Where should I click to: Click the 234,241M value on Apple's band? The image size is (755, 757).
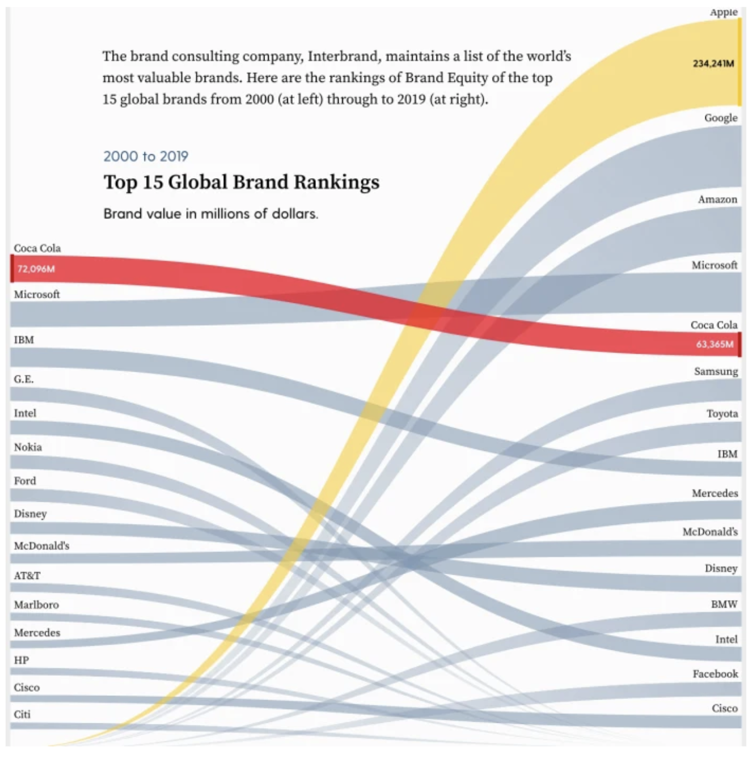(x=713, y=64)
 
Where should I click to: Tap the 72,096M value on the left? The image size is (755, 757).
(x=36, y=269)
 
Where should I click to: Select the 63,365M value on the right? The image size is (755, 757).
(x=715, y=344)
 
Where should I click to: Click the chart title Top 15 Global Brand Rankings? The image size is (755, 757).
(x=241, y=182)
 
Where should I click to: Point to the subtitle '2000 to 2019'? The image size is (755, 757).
(x=146, y=156)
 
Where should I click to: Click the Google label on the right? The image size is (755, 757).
(x=720, y=118)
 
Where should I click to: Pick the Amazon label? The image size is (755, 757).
(x=717, y=199)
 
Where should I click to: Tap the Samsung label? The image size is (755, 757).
(x=716, y=371)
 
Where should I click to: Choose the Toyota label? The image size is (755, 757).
(x=722, y=414)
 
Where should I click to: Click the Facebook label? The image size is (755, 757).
(x=715, y=674)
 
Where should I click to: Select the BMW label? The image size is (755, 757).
(x=724, y=604)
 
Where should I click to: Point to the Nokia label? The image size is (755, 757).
(x=28, y=447)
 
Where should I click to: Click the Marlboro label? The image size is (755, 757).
(x=36, y=605)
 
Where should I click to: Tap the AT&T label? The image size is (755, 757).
(x=27, y=575)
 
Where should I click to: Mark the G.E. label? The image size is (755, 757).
(x=24, y=379)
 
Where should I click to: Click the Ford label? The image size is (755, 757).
(x=25, y=481)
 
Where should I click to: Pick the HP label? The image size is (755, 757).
(x=21, y=660)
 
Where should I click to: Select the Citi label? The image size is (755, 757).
(x=22, y=715)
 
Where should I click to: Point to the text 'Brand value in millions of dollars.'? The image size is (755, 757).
(x=211, y=213)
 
